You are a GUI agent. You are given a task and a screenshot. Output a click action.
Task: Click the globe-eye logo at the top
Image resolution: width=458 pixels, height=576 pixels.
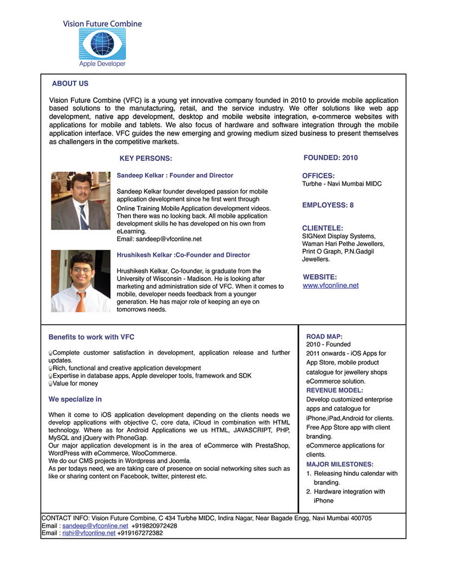(x=102, y=43)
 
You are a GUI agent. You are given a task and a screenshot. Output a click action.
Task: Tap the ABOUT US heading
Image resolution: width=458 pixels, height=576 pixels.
(x=70, y=83)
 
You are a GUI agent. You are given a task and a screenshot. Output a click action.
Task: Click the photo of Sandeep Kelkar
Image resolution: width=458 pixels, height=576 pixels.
(x=80, y=200)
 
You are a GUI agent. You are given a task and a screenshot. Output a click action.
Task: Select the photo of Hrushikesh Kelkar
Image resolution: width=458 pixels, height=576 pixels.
(x=80, y=281)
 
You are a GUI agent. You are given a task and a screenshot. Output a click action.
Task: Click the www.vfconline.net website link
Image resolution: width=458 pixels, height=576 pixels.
(x=330, y=286)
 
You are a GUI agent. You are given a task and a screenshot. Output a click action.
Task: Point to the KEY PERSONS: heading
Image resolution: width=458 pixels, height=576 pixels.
(x=146, y=158)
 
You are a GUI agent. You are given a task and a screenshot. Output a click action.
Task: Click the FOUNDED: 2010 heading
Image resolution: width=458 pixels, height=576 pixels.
(x=330, y=158)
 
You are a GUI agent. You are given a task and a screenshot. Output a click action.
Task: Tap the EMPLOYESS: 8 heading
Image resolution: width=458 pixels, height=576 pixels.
(x=328, y=205)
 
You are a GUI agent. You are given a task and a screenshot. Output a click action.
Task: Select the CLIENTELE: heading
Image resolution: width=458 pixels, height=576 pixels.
(x=323, y=228)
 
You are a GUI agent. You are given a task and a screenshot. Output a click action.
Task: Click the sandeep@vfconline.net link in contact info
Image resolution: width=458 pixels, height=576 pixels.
(x=95, y=526)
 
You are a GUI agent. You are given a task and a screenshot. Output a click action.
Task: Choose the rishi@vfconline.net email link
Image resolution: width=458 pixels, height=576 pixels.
(x=89, y=533)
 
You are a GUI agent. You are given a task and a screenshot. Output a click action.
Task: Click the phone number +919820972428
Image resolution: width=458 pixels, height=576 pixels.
(x=154, y=526)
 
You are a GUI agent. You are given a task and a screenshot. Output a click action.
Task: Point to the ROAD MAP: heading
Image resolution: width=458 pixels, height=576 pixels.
(x=324, y=336)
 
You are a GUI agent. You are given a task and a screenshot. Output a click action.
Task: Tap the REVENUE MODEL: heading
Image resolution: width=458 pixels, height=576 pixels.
(x=335, y=390)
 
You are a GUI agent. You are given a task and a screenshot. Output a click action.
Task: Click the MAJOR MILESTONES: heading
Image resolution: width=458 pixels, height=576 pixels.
(x=340, y=464)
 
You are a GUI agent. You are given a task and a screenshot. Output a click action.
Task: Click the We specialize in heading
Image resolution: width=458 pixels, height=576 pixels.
(x=75, y=399)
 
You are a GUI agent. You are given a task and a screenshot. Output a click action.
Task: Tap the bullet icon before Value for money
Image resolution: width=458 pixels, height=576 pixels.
(x=50, y=384)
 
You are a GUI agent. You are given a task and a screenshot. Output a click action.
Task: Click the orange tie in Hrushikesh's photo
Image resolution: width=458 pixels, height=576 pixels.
(x=81, y=301)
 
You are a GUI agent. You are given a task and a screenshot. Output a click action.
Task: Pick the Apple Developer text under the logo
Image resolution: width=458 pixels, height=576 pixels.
(x=102, y=64)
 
